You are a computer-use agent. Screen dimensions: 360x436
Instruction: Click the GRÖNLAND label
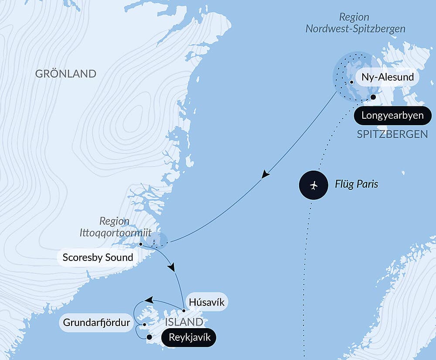point(65,73)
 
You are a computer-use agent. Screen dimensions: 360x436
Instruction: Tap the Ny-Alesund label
point(388,79)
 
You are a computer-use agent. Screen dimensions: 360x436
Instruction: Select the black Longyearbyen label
point(392,116)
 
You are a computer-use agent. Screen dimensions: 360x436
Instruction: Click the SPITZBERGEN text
point(392,134)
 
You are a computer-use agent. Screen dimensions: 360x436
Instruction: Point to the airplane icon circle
point(314,185)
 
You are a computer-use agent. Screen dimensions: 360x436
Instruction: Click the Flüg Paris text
point(356,184)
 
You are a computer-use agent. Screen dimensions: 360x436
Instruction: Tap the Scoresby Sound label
point(98,257)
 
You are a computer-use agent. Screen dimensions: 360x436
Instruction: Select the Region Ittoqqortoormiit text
point(116,227)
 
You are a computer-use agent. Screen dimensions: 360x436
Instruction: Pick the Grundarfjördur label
point(97,323)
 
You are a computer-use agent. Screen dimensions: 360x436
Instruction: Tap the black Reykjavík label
point(188,337)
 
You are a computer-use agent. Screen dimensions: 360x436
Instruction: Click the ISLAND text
point(184,322)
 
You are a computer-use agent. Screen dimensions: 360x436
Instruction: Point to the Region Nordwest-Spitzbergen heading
point(355,23)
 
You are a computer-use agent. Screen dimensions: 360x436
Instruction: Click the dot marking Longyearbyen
point(373,97)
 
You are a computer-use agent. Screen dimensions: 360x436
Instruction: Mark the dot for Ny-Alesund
point(351,82)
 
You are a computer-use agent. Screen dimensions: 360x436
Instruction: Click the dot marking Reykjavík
point(149,337)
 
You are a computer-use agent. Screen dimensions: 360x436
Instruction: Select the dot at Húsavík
point(184,311)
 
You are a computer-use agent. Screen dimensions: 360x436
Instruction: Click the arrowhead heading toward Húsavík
point(174,267)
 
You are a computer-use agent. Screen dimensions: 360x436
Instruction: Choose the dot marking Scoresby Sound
point(140,244)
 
